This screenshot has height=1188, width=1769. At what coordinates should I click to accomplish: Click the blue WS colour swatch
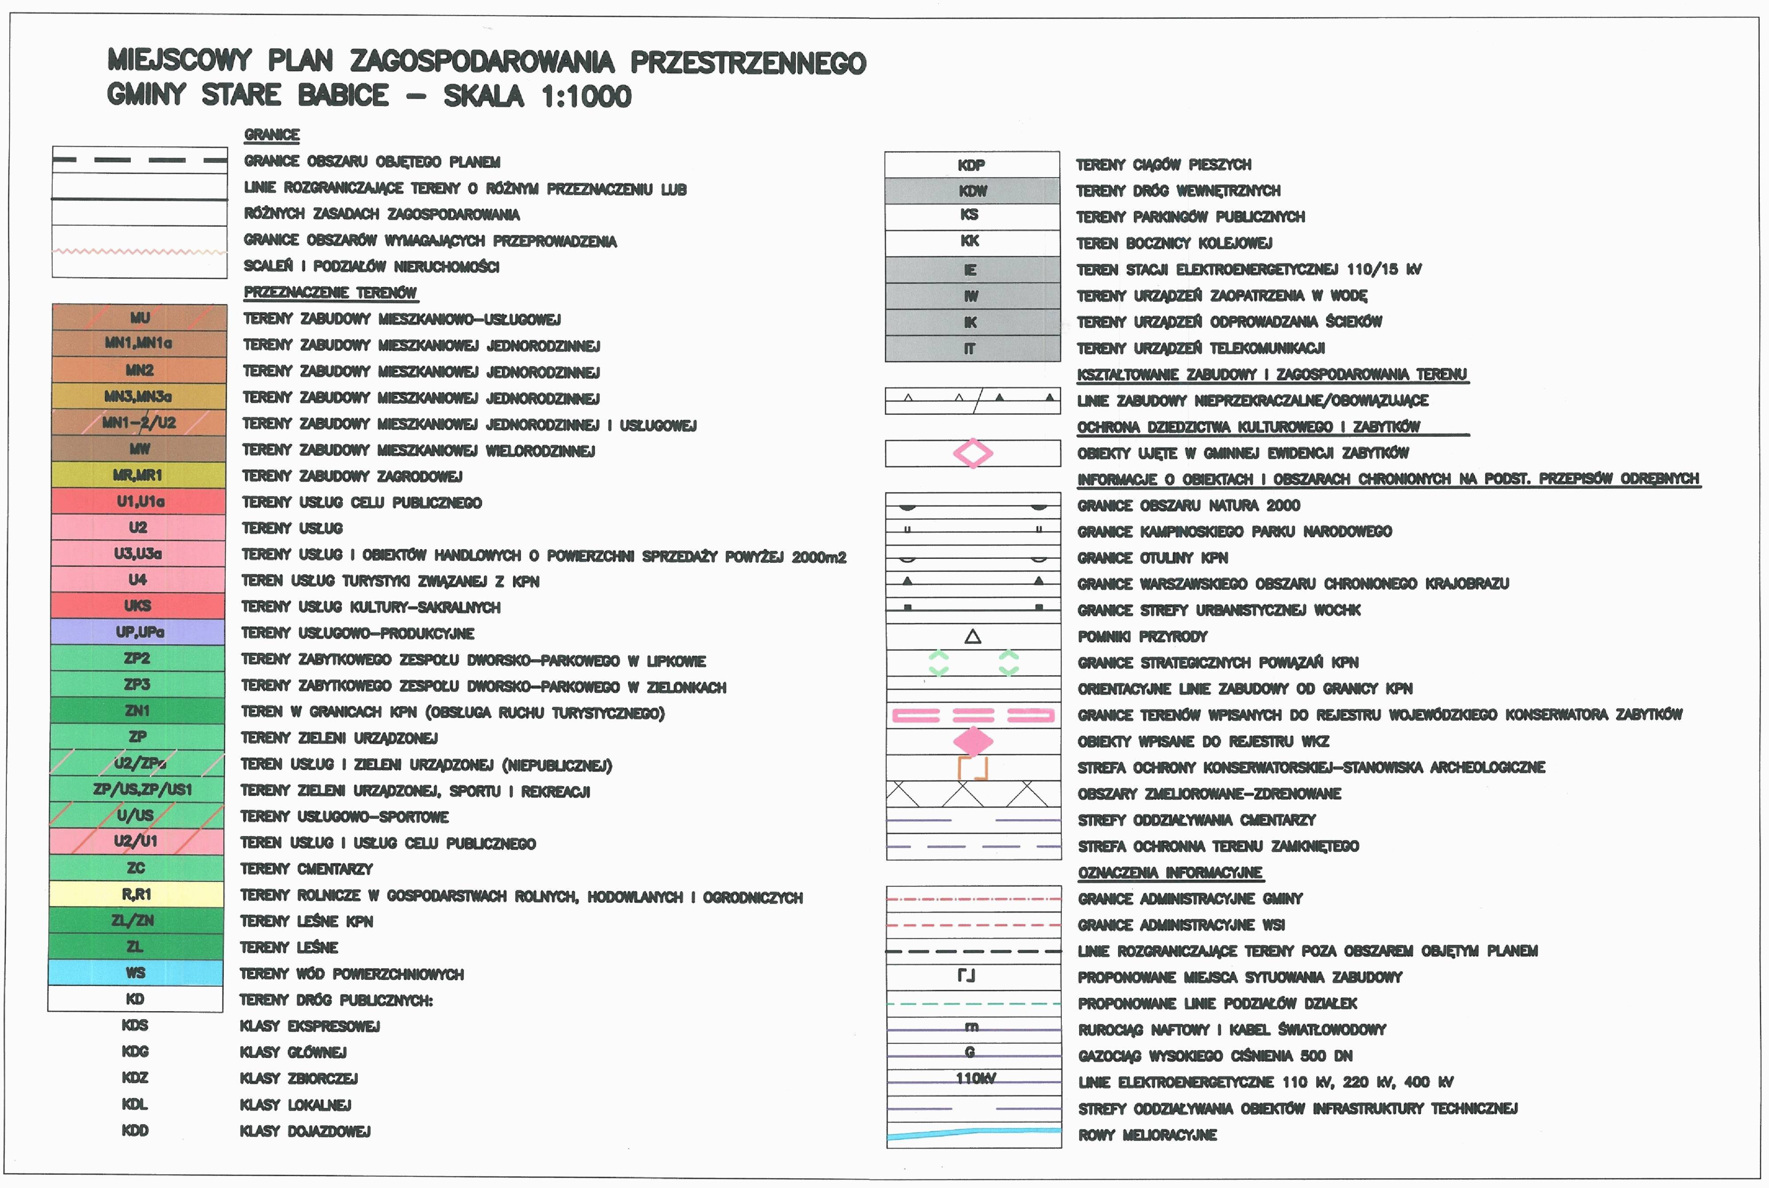[x=136, y=972]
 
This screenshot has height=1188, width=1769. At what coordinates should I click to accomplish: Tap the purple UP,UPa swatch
[x=138, y=631]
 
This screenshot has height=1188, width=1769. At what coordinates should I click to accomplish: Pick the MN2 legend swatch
[x=139, y=370]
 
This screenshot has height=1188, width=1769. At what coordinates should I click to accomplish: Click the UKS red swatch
[x=138, y=605]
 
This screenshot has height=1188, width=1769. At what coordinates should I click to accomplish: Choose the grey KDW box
[x=973, y=190]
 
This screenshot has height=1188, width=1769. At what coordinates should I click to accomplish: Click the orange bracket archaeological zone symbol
[x=973, y=768]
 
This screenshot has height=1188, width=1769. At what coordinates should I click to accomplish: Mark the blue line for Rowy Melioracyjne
[x=973, y=1134]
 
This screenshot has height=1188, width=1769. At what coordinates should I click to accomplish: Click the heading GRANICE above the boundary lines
[x=272, y=135]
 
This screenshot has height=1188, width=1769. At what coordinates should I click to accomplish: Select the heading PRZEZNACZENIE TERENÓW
[x=330, y=292]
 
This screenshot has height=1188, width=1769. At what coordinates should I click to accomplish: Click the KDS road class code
[x=135, y=1025]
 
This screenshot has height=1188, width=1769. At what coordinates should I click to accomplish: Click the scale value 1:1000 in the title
[x=586, y=96]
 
